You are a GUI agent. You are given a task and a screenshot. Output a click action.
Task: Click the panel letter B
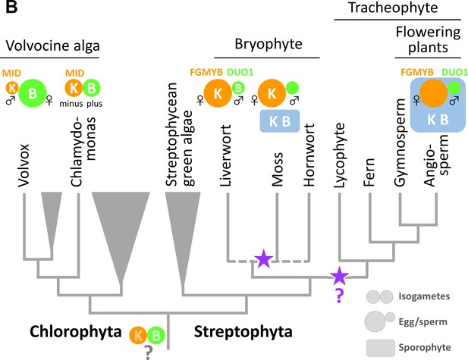pos(11,7)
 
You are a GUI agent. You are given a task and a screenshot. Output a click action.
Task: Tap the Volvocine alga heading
pos(53,46)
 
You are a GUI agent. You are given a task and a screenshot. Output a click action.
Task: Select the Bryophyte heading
pos(269,44)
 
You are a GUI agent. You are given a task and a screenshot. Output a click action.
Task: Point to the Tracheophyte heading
pos(393,8)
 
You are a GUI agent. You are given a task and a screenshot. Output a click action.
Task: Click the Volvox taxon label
pos(24,165)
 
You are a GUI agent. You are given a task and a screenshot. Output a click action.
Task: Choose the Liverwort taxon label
pos(226,155)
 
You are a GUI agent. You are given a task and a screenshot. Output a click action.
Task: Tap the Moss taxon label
pos(278,170)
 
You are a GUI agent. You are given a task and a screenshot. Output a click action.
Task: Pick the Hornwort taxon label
pos(309,155)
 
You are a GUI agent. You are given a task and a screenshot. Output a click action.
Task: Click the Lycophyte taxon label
pos(339,155)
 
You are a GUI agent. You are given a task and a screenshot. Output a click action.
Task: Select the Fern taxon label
pos(369,172)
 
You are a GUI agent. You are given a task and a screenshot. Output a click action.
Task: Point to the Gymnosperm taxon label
pos(400,142)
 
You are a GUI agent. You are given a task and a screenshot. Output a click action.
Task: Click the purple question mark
pos(339,296)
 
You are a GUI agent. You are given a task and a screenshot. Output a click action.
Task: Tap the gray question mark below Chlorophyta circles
pos(148,352)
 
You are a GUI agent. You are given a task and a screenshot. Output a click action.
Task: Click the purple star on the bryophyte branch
pos(263,258)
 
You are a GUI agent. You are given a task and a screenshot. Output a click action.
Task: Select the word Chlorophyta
pos(76,332)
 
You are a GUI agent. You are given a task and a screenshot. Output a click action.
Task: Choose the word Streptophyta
pos(243,332)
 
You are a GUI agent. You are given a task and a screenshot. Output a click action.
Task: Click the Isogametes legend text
pos(424,296)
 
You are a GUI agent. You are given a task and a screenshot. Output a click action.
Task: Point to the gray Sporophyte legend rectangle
pos(381,348)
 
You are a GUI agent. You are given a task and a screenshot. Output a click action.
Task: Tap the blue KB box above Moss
pos(280,121)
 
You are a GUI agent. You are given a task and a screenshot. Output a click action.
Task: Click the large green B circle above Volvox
pos(33,93)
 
